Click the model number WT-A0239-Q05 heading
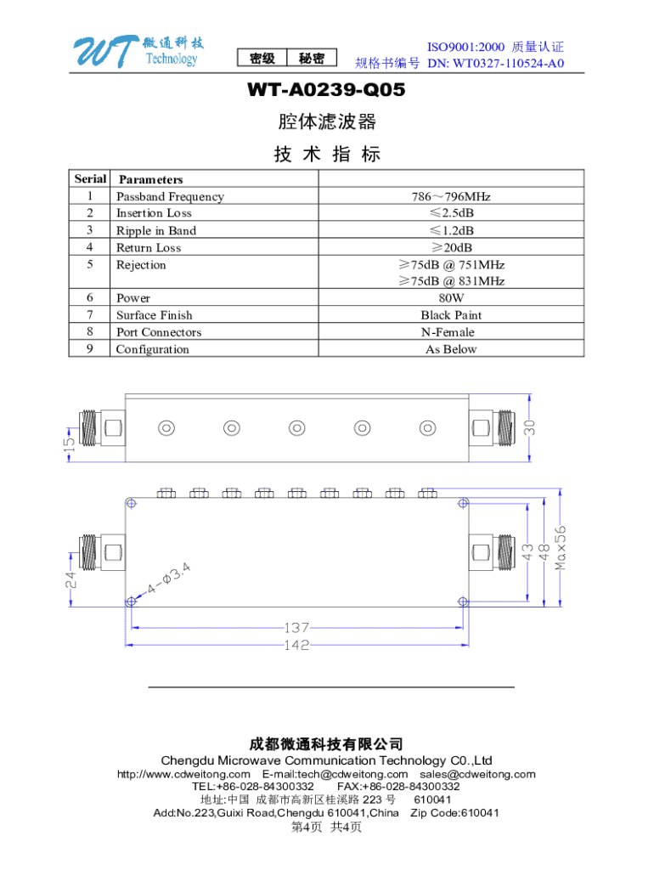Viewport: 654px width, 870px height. pyautogui.click(x=326, y=90)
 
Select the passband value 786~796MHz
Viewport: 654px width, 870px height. pyautogui.click(x=451, y=197)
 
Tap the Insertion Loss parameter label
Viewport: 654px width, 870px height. pyautogui.click(x=154, y=213)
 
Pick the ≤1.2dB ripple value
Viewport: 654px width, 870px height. pyautogui.click(x=451, y=231)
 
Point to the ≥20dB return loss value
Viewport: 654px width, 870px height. pyautogui.click(x=451, y=248)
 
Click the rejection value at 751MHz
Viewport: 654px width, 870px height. pyautogui.click(x=451, y=265)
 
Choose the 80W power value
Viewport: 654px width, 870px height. pyautogui.click(x=451, y=298)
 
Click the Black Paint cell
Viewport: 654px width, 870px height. pyautogui.click(x=451, y=315)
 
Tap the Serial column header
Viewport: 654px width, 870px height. pyautogui.click(x=90, y=179)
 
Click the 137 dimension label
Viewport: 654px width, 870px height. pyautogui.click(x=296, y=629)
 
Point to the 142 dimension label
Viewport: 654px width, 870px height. pyautogui.click(x=296, y=645)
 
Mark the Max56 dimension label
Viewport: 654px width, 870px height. pyautogui.click(x=561, y=547)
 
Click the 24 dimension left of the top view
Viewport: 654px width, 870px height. pyautogui.click(x=72, y=582)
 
